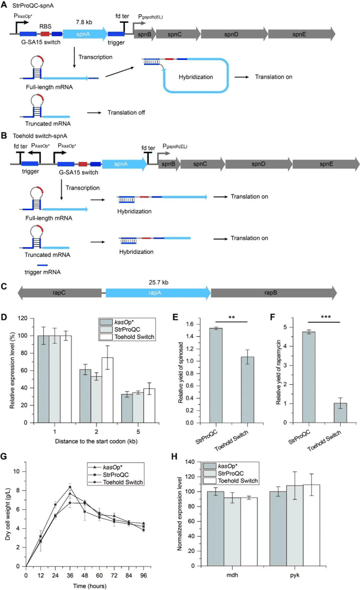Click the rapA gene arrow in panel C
158,293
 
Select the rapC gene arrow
59,293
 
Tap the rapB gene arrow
274,293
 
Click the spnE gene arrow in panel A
301,34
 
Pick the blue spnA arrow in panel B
125,164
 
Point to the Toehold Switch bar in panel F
340,413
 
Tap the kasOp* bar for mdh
215,528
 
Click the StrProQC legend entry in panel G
115,475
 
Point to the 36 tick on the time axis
70,576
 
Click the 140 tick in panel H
190,462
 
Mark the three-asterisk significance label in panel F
326,317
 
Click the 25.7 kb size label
158,282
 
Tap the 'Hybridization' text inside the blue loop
196,77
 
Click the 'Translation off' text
126,112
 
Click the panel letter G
4,456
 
